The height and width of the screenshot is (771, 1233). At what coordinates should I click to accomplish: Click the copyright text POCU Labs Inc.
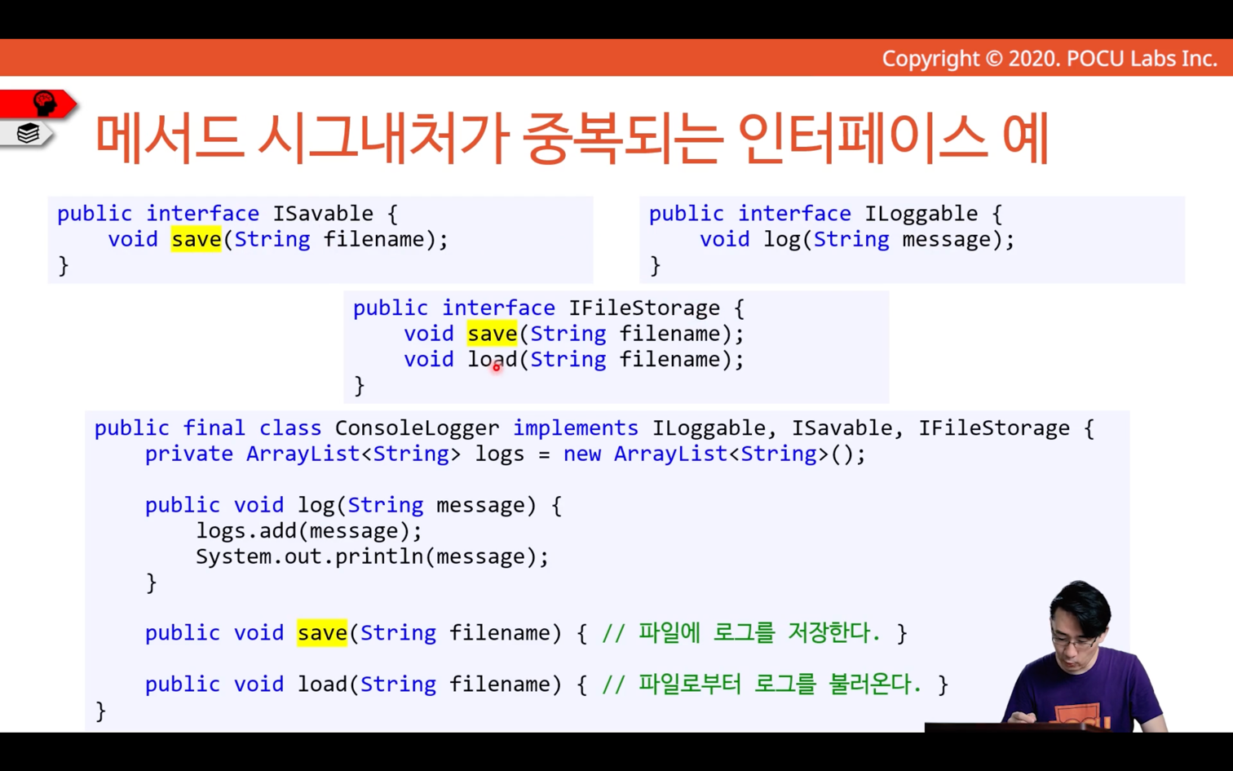tap(1142, 59)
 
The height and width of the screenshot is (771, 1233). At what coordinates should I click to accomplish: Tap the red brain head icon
tap(44, 103)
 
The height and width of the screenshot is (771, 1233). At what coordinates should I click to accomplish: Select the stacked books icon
tap(28, 133)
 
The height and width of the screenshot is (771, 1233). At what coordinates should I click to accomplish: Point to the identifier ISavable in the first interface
tap(323, 214)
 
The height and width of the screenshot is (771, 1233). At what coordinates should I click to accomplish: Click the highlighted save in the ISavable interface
tap(196, 240)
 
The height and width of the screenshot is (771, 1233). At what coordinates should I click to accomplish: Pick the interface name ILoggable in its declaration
tap(921, 214)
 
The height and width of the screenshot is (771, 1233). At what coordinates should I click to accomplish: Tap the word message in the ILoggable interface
tap(946, 240)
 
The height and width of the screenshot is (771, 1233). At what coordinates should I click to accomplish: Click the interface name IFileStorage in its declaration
tap(644, 308)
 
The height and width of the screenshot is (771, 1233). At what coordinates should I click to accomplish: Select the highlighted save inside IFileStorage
tap(492, 334)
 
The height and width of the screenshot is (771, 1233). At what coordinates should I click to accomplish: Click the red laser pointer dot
tap(497, 367)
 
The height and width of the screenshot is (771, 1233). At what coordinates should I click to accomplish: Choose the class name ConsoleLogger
tap(417, 428)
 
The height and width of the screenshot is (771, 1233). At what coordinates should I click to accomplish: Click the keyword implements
tap(576, 428)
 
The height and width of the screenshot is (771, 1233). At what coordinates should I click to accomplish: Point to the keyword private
tap(189, 454)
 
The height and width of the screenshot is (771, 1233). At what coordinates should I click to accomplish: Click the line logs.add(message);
tap(309, 531)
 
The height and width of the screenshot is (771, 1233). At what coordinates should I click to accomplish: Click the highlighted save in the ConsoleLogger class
tap(322, 633)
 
